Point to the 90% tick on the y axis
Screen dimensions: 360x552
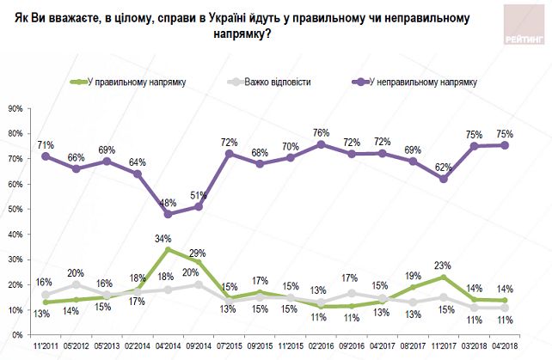point(15,109)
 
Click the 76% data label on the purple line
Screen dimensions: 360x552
point(321,132)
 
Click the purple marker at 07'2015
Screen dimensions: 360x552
point(230,153)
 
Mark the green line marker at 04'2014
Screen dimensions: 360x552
point(168,249)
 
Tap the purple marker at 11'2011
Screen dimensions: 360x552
point(45,156)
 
